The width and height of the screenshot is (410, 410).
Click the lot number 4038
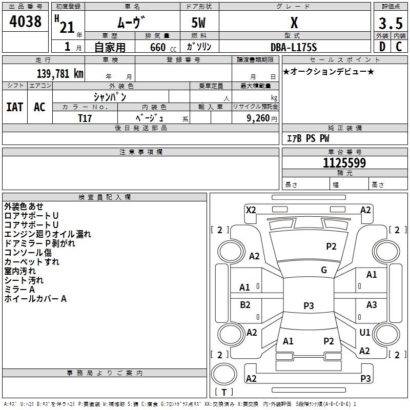coord(26,22)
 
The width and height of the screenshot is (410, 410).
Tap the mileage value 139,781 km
coord(60,73)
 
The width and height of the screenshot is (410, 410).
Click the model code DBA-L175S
coord(294,47)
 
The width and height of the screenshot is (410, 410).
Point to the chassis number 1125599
coord(344,163)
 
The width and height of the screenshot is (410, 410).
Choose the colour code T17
coord(85,118)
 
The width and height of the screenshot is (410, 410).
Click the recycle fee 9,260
coord(258,118)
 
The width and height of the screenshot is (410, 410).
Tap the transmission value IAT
coord(14,107)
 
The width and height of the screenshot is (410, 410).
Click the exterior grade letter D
coord(382,47)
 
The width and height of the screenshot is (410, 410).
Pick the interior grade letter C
coord(399,47)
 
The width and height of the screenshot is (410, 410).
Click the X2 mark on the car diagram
coord(251,210)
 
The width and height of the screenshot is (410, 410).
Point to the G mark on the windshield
coord(324,270)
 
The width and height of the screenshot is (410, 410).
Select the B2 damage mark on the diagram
coord(245,305)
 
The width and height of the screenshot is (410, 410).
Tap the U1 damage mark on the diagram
coord(365,332)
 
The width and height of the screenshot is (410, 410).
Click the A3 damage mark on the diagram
coord(372,305)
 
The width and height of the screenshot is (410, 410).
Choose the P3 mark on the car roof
coord(309,306)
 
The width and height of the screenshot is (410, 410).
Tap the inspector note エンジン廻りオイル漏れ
coord(48,234)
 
